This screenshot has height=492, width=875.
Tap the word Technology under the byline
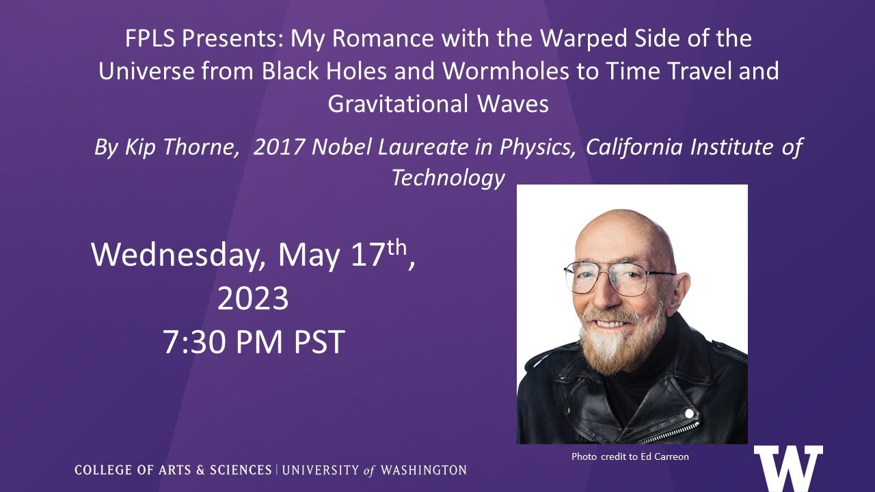point(448,178)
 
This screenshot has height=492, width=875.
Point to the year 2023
point(253,299)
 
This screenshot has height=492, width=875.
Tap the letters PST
point(319,342)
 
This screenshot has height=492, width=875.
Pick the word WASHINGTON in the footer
point(424,470)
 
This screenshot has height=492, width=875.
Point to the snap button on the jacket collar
point(689,413)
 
